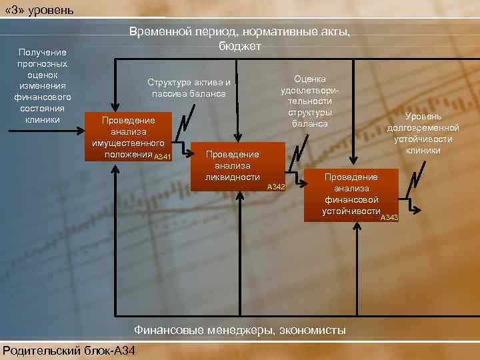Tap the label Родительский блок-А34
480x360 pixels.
[x=67, y=351]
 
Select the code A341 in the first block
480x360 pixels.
[x=163, y=157]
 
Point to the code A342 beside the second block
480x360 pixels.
[x=276, y=187]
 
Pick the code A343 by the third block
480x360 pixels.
[x=389, y=218]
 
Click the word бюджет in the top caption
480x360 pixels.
[x=240, y=46]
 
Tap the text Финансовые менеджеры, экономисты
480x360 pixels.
[x=240, y=329]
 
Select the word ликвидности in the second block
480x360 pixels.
[x=233, y=177]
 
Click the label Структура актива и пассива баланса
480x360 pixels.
[x=189, y=88]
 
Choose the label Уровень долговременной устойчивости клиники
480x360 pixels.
[x=423, y=133]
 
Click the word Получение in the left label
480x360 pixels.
[x=43, y=52]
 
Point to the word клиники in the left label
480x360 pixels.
[x=43, y=120]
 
